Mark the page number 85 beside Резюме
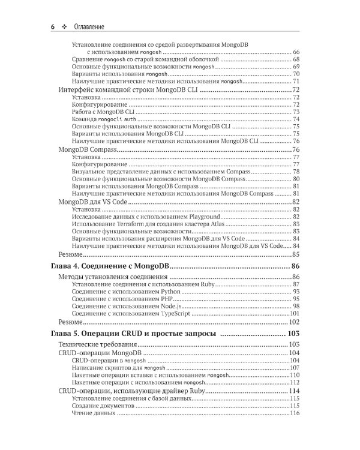coord(295,254)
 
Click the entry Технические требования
coord(98,345)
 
